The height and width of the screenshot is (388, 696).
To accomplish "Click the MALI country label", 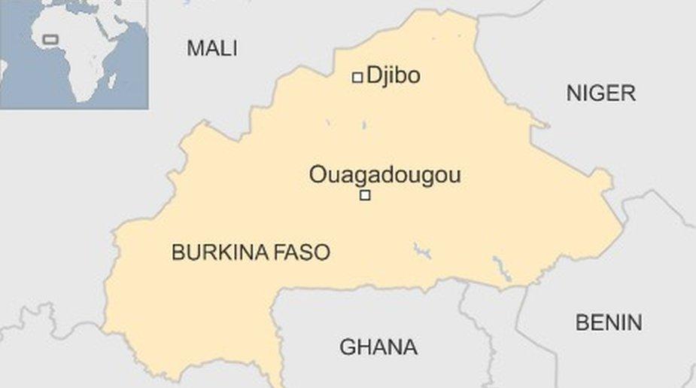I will click(x=211, y=49).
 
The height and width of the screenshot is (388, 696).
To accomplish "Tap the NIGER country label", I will click(x=600, y=93).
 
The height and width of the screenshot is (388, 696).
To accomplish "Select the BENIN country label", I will click(x=609, y=323).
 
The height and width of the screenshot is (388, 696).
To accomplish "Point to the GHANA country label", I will click(x=378, y=347).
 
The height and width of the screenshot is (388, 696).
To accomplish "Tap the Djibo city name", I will click(x=393, y=75).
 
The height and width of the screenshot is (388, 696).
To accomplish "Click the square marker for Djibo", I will click(x=357, y=77).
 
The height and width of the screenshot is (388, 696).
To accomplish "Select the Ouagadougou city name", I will click(x=384, y=176).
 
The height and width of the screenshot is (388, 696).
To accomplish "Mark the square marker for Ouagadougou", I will click(x=365, y=196).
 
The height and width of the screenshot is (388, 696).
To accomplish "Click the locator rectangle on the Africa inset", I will click(x=50, y=38).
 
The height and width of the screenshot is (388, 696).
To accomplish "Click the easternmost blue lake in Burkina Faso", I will click(x=497, y=266).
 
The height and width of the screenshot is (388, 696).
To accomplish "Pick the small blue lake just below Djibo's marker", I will click(x=363, y=125).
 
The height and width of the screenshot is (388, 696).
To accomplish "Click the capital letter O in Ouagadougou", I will click(x=317, y=176).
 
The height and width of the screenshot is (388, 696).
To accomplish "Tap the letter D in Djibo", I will click(x=372, y=75).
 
